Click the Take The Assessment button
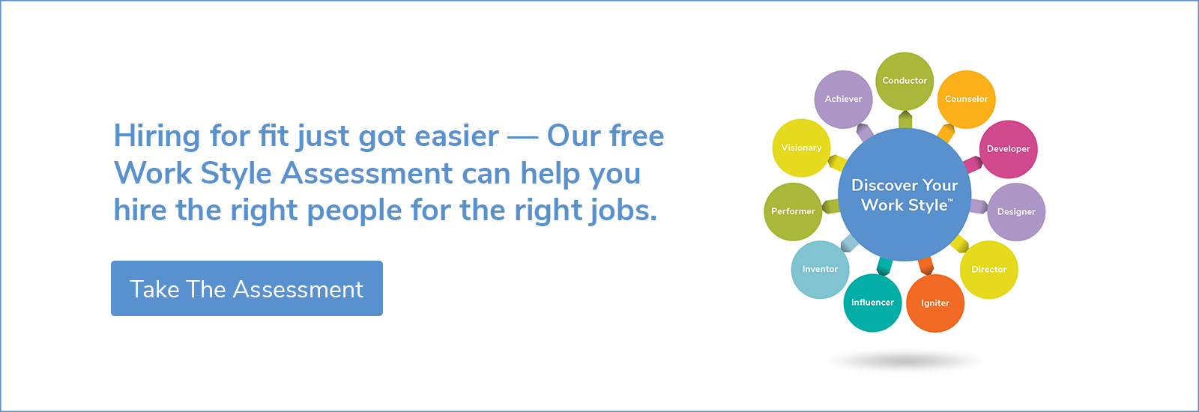click(247, 288)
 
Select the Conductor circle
click(904, 82)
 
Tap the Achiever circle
click(843, 100)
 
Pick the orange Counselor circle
click(966, 100)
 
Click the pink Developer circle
click(1009, 149)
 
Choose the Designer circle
click(1016, 212)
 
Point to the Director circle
click(988, 270)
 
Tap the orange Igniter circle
click(935, 303)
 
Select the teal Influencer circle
click(872, 303)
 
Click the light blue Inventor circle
click(820, 270)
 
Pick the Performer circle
click(793, 212)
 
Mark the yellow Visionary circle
click(801, 148)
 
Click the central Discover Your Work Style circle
click(904, 195)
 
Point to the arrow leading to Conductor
click(905, 120)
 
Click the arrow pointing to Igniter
click(926, 266)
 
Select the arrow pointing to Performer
click(831, 207)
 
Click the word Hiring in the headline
click(157, 136)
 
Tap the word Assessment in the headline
click(366, 173)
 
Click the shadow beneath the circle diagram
click(905, 361)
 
